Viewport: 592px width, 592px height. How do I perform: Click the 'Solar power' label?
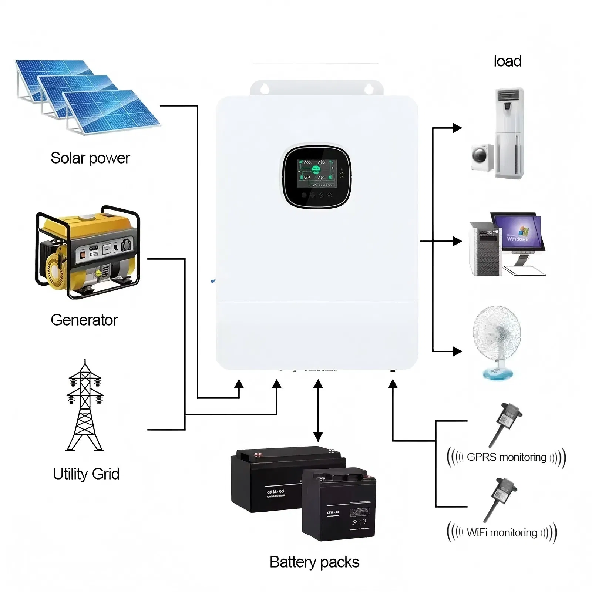pyautogui.click(x=90, y=158)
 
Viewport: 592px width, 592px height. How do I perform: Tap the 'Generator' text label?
pyautogui.click(x=84, y=320)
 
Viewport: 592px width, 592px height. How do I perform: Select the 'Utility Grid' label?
pyautogui.click(x=86, y=474)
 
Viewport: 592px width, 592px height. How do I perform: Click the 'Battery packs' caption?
pyautogui.click(x=314, y=562)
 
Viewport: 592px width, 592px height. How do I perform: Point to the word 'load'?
pyautogui.click(x=507, y=61)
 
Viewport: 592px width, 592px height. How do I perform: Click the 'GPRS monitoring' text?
pyautogui.click(x=506, y=457)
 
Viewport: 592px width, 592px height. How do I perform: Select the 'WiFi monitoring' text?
pyautogui.click(x=502, y=533)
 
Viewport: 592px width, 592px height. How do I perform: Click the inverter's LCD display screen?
pyautogui.click(x=317, y=173)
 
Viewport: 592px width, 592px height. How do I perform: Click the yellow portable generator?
pyautogui.click(x=88, y=252)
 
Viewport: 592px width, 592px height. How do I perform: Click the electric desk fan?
pyautogui.click(x=497, y=340)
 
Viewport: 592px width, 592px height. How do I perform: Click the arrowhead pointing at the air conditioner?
pyautogui.click(x=458, y=128)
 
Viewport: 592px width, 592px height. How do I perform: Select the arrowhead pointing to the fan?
pyautogui.click(x=458, y=351)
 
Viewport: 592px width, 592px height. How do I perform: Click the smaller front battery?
pyautogui.click(x=339, y=505)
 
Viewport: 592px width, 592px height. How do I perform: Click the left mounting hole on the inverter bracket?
pyautogui.click(x=264, y=88)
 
